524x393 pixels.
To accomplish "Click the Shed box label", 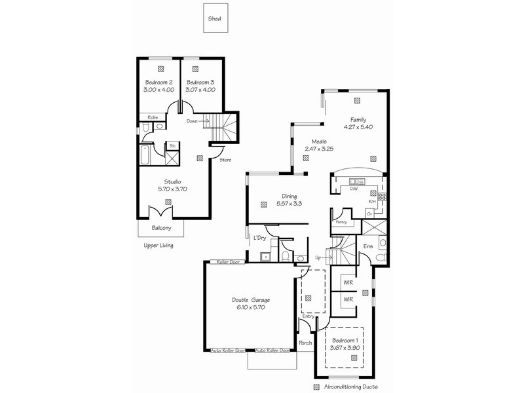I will tap(214, 20).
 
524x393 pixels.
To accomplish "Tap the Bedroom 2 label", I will tap(157, 82).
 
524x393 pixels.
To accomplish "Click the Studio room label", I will tap(173, 181).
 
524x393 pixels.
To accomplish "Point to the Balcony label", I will tap(161, 228).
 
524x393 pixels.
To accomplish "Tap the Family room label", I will tap(358, 120).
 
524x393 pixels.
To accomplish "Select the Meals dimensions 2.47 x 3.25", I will tap(319, 149).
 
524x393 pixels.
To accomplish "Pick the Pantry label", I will tap(341, 222).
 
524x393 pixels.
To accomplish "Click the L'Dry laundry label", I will tap(259, 238).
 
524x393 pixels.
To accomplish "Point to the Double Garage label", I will tap(251, 300).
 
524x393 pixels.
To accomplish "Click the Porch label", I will tap(305, 343).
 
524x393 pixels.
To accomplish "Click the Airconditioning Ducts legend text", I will tap(350, 387).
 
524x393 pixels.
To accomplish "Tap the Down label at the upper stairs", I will tap(192, 121).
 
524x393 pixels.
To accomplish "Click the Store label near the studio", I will tap(225, 159).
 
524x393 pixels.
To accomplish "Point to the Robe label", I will tap(152, 117).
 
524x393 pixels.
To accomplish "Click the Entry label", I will tap(309, 316).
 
